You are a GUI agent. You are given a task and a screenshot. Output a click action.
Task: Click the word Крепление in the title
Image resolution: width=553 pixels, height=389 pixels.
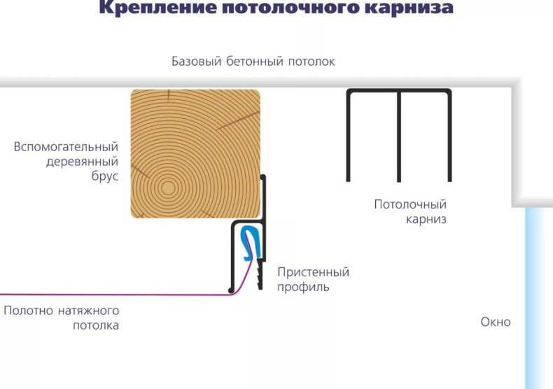coord(157,8)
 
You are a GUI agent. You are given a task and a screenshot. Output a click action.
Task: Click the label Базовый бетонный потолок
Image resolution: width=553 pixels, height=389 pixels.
coord(253,62)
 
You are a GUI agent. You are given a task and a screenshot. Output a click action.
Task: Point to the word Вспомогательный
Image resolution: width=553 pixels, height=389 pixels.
coord(66,147)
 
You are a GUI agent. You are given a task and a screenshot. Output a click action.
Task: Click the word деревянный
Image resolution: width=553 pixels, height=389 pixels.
coord(82,162)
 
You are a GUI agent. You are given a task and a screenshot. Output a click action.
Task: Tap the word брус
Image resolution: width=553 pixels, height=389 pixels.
coord(105,176)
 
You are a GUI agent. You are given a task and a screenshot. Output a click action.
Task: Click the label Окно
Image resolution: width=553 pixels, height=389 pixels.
coord(496,322)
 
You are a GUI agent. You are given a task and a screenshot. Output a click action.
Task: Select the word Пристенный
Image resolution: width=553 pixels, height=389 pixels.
coord(313,272)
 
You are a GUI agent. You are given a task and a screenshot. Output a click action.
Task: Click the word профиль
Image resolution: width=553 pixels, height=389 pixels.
coord(303,287)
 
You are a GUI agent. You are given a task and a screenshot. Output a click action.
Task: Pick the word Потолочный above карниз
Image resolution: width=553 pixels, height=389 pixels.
coord(410,204)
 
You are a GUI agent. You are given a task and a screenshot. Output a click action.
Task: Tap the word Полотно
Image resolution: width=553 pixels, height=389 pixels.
coord(28,311)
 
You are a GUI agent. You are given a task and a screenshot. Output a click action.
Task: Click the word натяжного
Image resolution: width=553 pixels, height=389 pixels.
coord(88,311)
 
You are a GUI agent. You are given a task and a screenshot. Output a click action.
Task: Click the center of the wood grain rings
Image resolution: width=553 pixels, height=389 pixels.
coord(167,188)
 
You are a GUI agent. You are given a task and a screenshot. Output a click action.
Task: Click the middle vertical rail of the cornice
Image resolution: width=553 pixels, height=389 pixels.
coord(399,136)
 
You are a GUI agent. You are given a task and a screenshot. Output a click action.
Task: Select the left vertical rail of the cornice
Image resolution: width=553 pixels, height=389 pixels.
coord(349,136)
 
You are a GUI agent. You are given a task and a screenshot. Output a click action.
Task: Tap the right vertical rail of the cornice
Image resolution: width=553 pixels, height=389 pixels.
coord(449,136)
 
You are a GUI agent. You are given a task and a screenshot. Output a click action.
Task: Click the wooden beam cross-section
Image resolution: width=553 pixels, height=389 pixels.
coord(195,154)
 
